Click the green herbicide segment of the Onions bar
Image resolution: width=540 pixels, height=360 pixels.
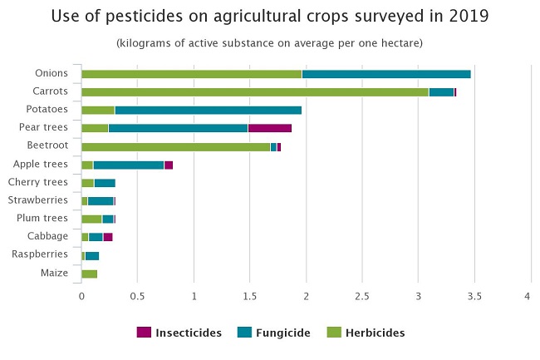191,74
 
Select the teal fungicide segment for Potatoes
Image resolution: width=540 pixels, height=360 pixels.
208,110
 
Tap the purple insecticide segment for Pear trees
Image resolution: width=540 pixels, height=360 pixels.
269,128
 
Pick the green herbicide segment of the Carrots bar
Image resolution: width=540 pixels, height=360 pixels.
254,92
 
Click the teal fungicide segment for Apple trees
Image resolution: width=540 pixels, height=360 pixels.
128,165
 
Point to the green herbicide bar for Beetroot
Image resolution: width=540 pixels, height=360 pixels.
175,146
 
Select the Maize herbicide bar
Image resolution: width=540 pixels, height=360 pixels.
89,274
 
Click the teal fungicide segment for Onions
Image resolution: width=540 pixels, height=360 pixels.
386,74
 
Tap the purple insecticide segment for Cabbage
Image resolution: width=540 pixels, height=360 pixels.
108,237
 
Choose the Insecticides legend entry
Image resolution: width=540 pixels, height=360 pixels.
179,333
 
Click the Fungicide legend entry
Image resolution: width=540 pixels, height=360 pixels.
273,333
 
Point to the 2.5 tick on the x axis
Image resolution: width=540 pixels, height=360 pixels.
362,296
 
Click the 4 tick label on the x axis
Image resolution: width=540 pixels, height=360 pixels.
530,296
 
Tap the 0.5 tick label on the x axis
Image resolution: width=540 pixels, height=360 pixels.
137,296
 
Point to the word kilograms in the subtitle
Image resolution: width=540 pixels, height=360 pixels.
149,42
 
